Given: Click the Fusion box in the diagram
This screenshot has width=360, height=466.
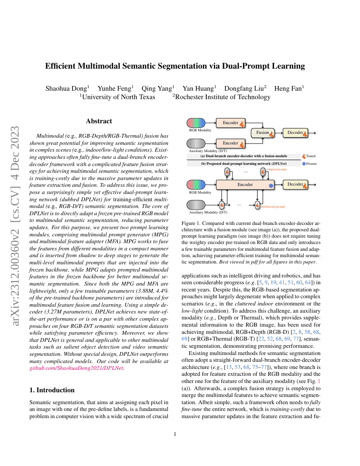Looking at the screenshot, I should click(263, 133).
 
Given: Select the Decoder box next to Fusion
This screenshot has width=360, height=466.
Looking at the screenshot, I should click(295, 133).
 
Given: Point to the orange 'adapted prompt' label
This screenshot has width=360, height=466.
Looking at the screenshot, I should click(277, 169).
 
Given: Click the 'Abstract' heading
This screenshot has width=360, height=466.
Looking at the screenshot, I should click(99, 121).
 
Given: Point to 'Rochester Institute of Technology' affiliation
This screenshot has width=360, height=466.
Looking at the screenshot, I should click(223, 97).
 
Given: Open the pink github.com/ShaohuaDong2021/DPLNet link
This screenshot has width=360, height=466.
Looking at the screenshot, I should click(76, 368).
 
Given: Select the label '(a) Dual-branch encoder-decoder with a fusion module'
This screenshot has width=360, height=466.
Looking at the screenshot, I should click(244, 156).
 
